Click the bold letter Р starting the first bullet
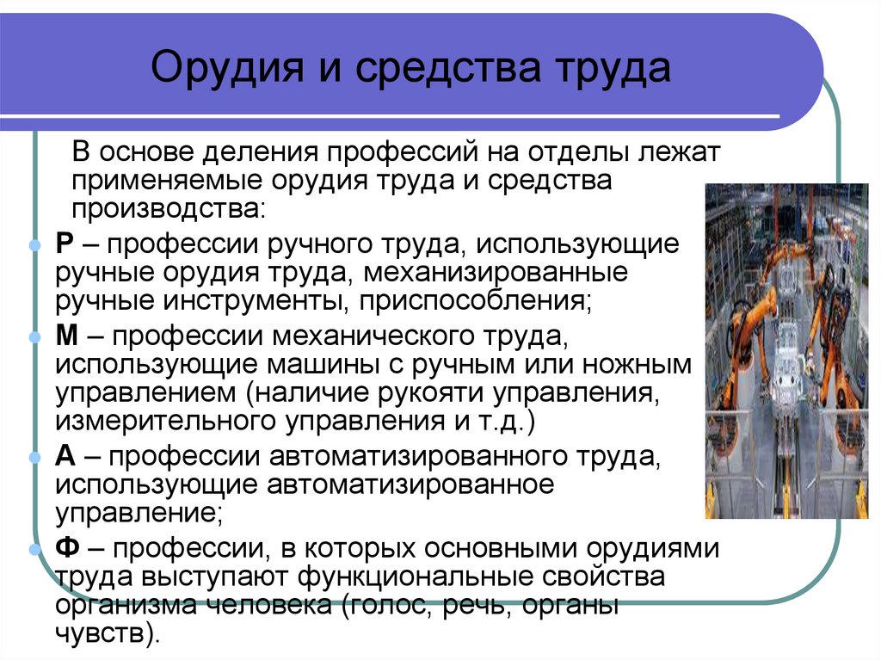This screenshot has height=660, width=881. click(65, 244)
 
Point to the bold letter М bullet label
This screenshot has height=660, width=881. click(68, 336)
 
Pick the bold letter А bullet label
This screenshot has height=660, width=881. click(66, 456)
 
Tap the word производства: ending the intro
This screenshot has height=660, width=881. click(169, 208)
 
